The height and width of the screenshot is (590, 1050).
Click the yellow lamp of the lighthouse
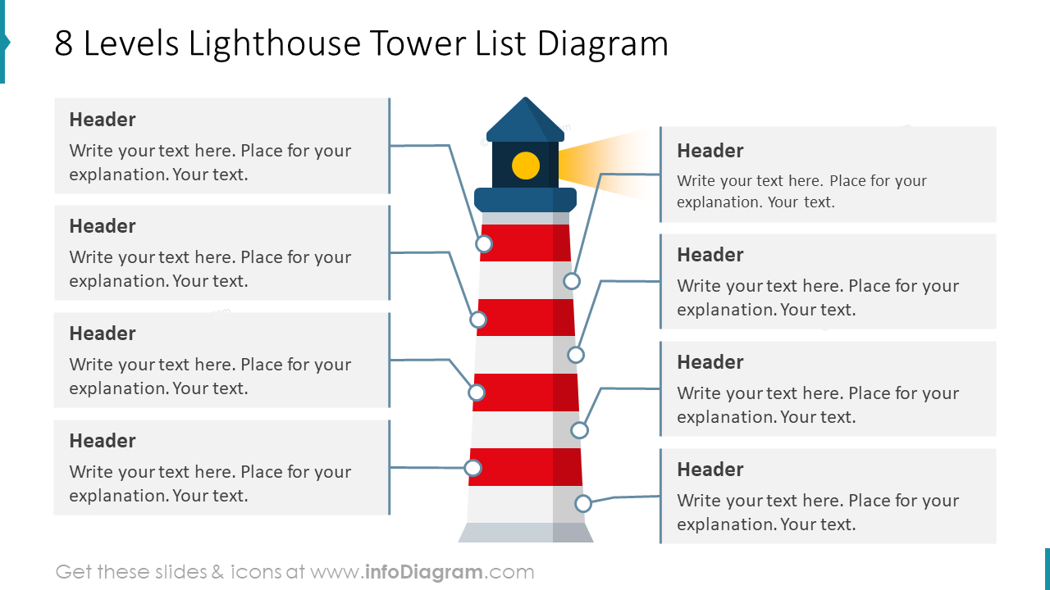[x=526, y=166]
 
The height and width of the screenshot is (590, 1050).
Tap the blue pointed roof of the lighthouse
[x=525, y=122]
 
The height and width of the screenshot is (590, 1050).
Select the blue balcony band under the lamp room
[x=525, y=199]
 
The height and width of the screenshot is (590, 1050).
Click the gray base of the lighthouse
[x=525, y=533]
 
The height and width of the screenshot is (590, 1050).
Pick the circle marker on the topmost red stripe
[x=484, y=244]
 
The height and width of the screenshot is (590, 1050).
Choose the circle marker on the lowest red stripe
[x=472, y=468]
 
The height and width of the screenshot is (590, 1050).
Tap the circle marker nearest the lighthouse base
[x=583, y=503]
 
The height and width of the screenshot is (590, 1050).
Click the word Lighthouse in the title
[x=274, y=43]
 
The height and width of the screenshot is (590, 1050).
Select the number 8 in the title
[x=64, y=43]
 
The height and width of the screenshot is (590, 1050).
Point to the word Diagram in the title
[x=603, y=43]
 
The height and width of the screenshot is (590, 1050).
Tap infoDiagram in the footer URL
[x=423, y=572]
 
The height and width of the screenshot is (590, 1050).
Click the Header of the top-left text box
[x=103, y=120]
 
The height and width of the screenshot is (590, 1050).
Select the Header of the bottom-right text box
[x=710, y=470]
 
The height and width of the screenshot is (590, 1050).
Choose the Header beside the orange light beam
[x=710, y=151]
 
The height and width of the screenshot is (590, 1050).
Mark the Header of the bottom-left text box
[x=103, y=441]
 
